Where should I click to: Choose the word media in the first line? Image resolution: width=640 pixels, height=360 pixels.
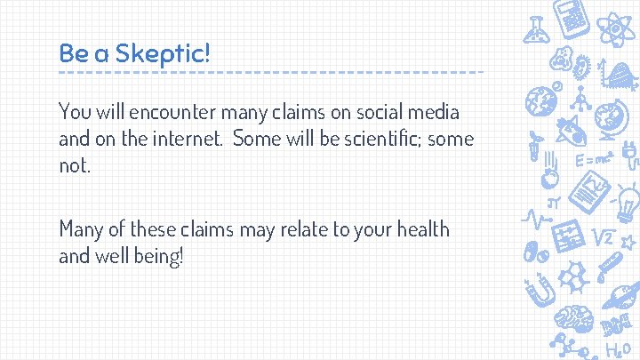(x=435, y=113)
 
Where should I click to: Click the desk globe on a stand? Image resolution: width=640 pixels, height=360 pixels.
(x=610, y=120)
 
